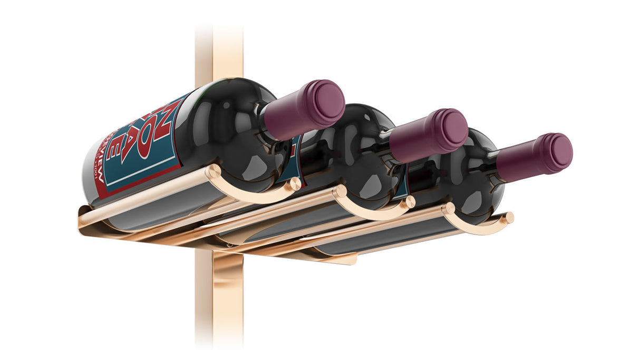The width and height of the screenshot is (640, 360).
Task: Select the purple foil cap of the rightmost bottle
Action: [x=538, y=153]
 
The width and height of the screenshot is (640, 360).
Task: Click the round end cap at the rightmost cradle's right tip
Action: [x=509, y=217]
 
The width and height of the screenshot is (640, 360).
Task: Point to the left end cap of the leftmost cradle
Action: [x=213, y=171]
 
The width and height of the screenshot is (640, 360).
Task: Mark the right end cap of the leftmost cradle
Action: [x=296, y=184]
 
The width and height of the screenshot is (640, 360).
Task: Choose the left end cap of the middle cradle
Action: [x=340, y=191]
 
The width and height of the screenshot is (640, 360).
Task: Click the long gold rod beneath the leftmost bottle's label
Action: [x=142, y=200]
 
